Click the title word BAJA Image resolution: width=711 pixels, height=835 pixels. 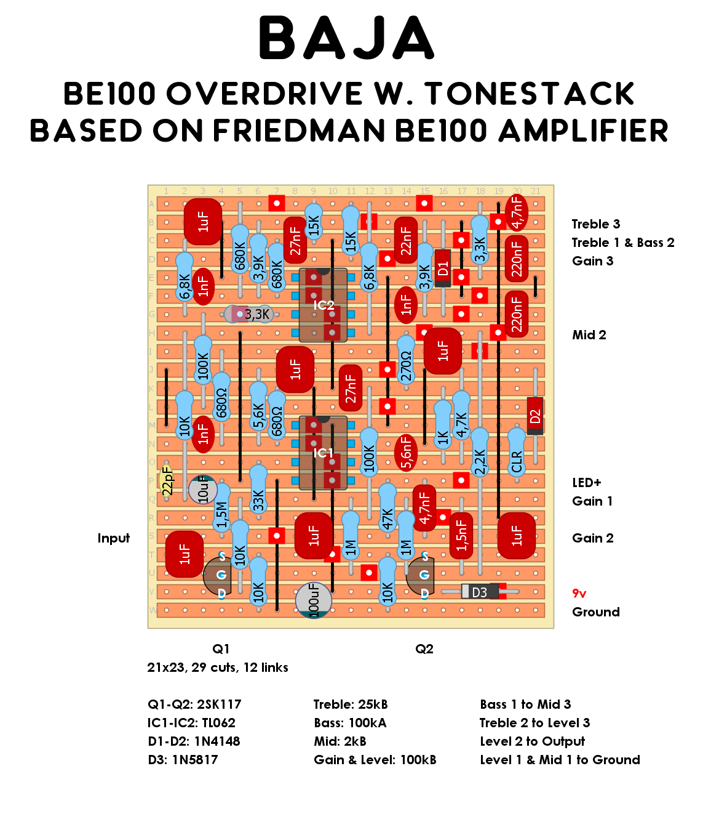click(346, 38)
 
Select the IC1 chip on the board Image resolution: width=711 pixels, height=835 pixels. click(323, 453)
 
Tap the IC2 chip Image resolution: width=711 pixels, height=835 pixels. click(323, 305)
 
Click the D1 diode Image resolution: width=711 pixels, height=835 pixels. click(443, 268)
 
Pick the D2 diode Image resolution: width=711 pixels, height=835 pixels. click(535, 416)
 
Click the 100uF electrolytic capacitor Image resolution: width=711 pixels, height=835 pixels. click(314, 600)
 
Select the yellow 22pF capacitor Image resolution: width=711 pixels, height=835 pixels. click(167, 481)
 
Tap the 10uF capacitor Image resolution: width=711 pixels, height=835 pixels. click(202, 490)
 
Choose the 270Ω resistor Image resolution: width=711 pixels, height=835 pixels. click(406, 360)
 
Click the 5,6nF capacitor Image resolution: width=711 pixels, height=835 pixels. click(406, 453)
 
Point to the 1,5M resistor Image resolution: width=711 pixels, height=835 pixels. click(221, 508)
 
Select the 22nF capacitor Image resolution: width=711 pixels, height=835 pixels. click(406, 240)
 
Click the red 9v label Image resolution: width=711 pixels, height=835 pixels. click(579, 594)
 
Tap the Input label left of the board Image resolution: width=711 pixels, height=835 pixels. click(114, 538)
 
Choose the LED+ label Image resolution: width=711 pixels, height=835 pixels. click(587, 483)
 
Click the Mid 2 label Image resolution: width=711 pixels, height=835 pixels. click(589, 335)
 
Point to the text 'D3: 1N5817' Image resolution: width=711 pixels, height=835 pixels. click(183, 760)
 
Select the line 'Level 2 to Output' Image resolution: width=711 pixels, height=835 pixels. click(533, 741)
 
